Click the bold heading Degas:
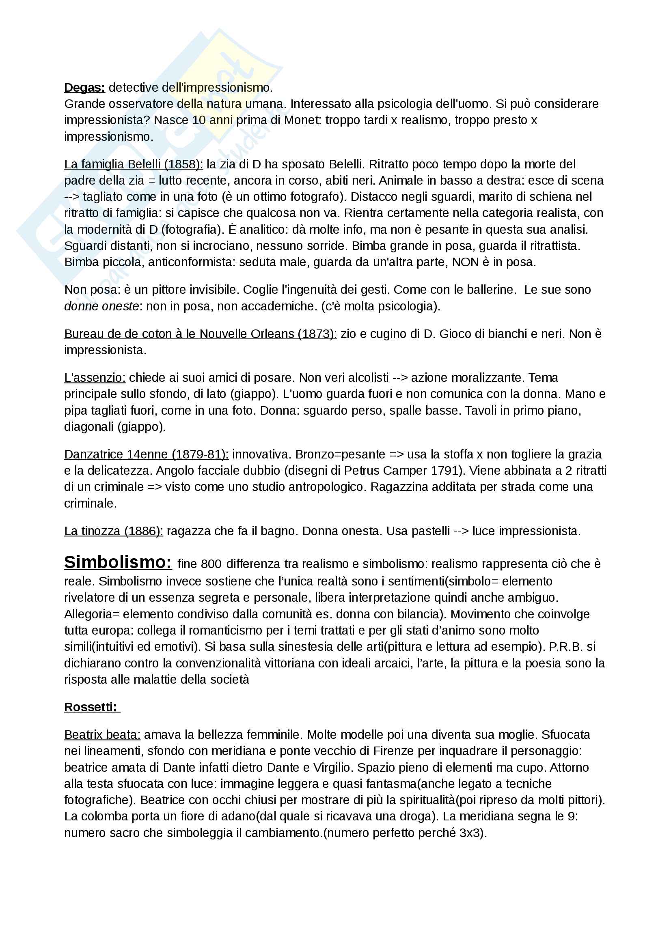[x=84, y=88]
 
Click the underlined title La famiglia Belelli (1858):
[x=133, y=164]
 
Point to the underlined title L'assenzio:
[x=95, y=378]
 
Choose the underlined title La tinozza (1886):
[x=113, y=531]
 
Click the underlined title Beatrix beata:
[x=102, y=735]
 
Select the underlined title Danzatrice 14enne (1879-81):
[x=146, y=455]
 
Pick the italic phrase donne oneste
[x=101, y=306]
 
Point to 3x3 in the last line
[x=471, y=833]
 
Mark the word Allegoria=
[x=91, y=614]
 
